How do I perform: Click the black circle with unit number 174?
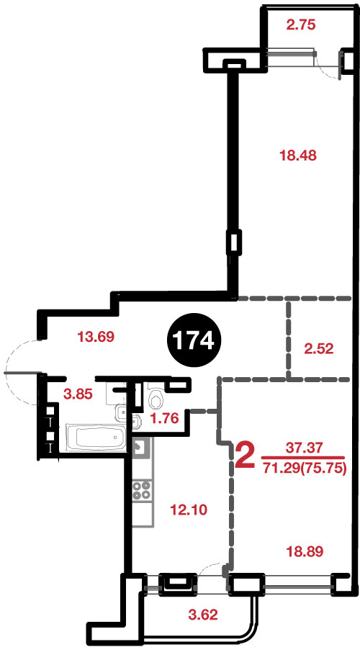194,341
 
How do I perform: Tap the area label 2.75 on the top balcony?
301,25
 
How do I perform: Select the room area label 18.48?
297,155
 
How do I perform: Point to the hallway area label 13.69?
96,337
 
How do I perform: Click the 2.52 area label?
318,349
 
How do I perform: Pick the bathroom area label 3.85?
78,394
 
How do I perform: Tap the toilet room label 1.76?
164,418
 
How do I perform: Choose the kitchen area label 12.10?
189,510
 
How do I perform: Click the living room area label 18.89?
305,551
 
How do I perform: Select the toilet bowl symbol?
156,397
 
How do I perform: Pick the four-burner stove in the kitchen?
142,491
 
